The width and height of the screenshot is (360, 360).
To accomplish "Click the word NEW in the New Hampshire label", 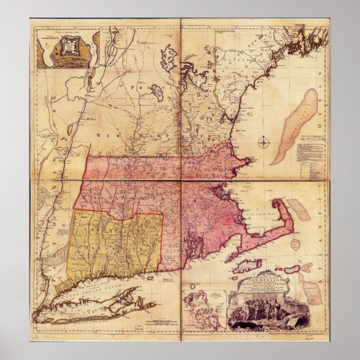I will (103, 137).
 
